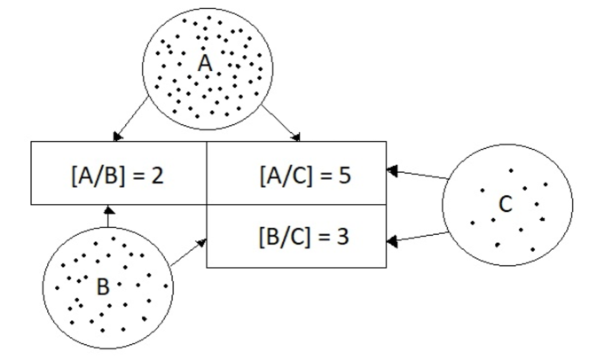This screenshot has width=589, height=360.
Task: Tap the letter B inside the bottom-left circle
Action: (102, 286)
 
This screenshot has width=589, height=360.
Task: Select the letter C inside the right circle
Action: (505, 206)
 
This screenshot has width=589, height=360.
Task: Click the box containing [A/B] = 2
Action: (118, 172)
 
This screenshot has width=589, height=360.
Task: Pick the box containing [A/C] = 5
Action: (296, 172)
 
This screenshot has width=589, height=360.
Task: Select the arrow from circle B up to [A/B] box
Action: (106, 217)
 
